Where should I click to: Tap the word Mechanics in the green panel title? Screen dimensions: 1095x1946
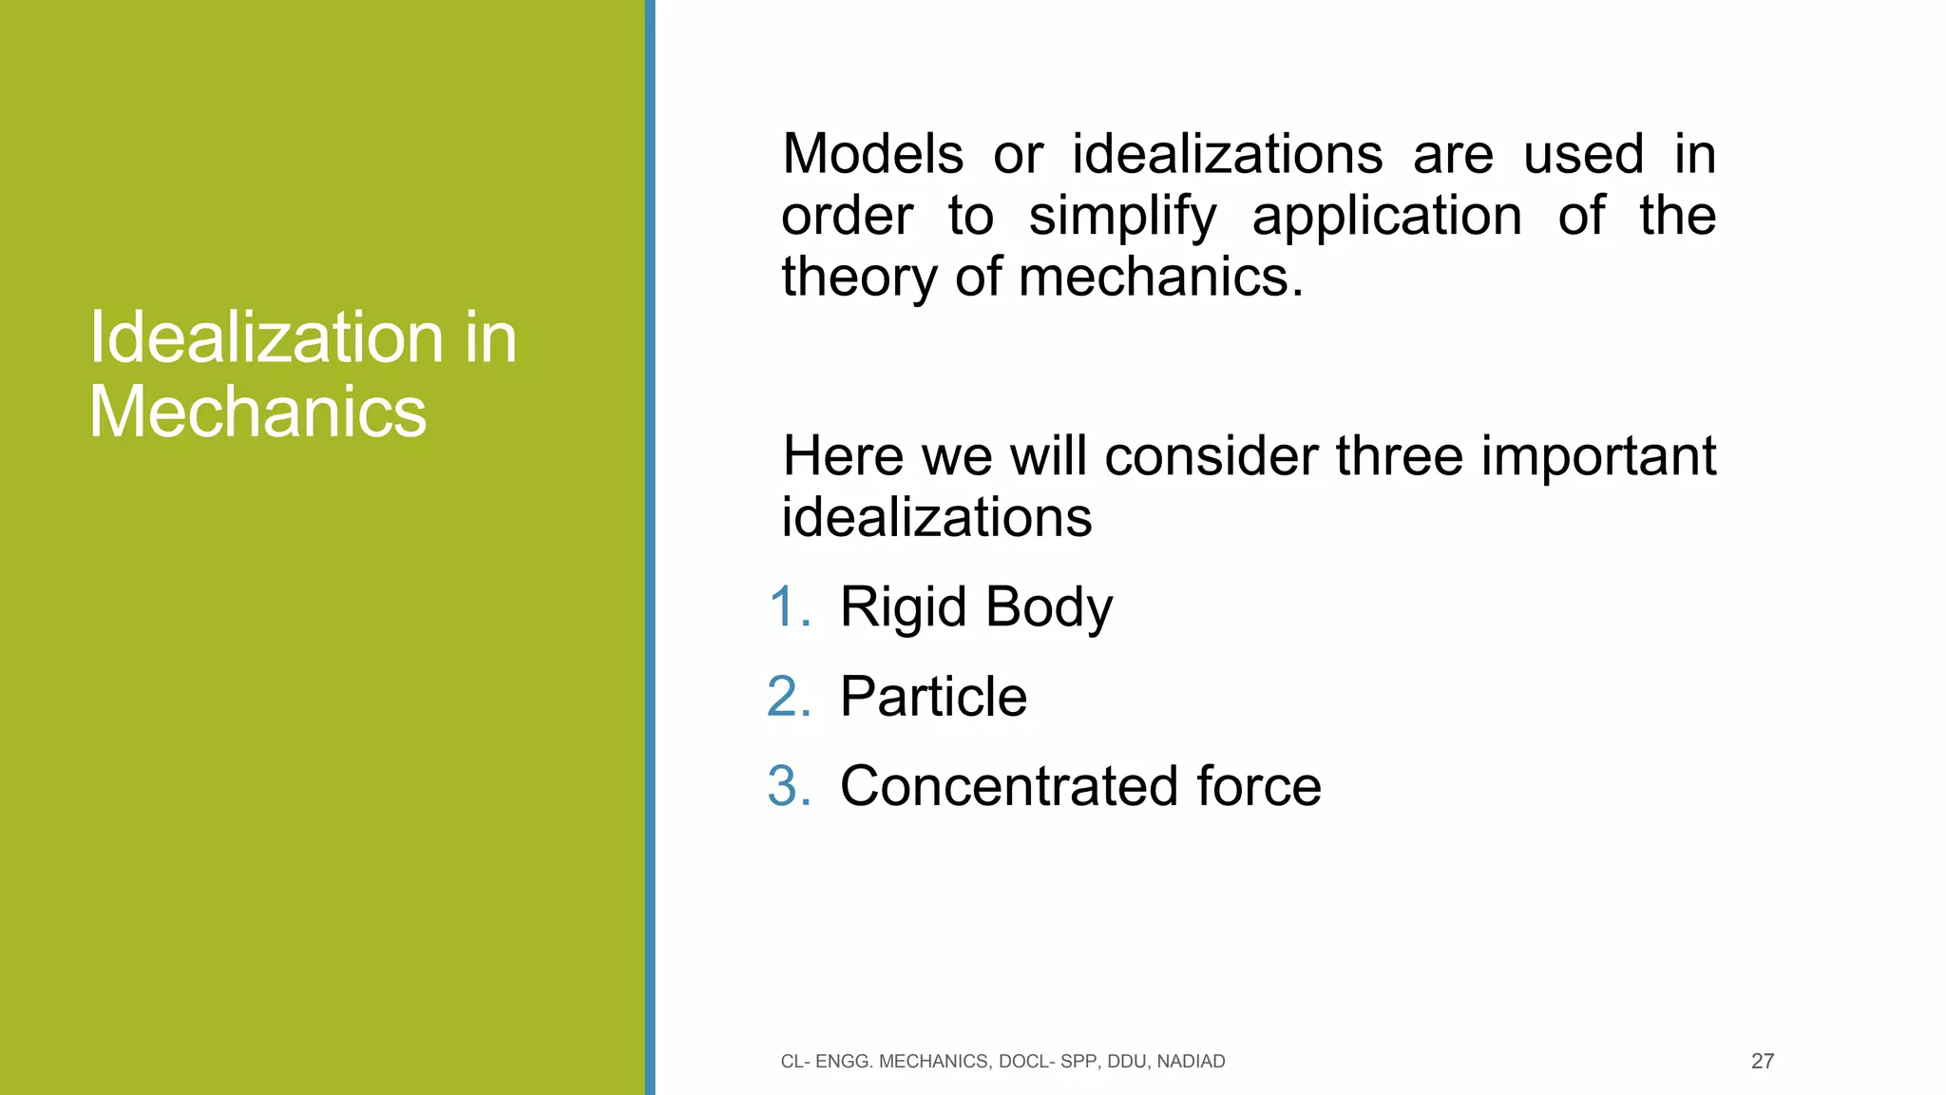pos(258,413)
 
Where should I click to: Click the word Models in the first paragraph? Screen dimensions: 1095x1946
pos(871,154)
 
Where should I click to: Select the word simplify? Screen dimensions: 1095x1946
pos(1122,217)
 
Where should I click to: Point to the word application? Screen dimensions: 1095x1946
pos(1386,217)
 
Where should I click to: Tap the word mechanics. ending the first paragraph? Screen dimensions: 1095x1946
pos(1160,278)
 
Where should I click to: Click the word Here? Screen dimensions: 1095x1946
pos(843,456)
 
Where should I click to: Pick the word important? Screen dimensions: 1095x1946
pos(1598,456)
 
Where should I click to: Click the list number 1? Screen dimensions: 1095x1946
pos(788,607)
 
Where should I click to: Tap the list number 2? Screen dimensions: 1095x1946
pos(788,697)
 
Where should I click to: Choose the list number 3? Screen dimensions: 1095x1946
pos(788,786)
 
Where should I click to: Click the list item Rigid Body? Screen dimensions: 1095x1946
pos(976,607)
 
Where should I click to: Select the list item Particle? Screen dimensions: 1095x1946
pos(933,697)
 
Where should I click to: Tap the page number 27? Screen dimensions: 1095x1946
pos(1762,1062)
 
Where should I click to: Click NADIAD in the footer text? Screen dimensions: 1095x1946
pos(1191,1062)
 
